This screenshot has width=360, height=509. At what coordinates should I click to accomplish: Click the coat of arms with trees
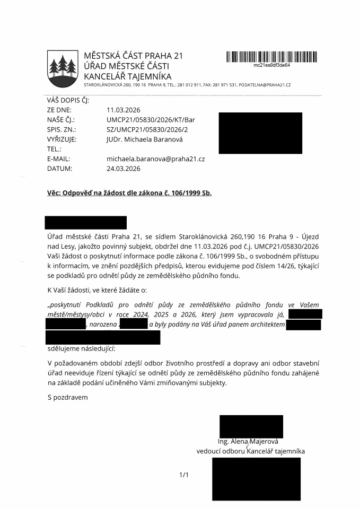click(x=63, y=69)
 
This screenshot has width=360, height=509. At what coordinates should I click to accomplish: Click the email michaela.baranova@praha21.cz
click(x=155, y=159)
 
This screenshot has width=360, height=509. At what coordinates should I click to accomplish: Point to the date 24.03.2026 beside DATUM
click(x=123, y=169)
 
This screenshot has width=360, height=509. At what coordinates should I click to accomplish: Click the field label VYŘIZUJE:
click(x=62, y=139)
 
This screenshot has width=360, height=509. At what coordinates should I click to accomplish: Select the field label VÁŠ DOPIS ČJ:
click(x=68, y=100)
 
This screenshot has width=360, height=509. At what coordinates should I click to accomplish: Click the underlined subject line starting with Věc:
click(x=129, y=193)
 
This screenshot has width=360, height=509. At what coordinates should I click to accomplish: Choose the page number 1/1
click(x=184, y=475)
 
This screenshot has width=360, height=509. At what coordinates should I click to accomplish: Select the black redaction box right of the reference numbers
click(x=260, y=133)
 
